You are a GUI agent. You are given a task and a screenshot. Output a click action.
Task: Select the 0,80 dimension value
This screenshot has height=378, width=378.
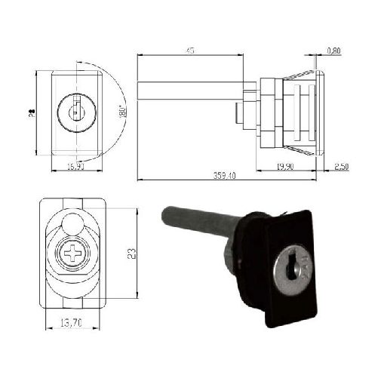click(333, 51)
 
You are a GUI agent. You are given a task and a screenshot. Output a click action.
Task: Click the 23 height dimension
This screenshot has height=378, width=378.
click(133, 255)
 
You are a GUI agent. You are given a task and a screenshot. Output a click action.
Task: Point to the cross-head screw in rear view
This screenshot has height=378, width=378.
click(74, 255)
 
